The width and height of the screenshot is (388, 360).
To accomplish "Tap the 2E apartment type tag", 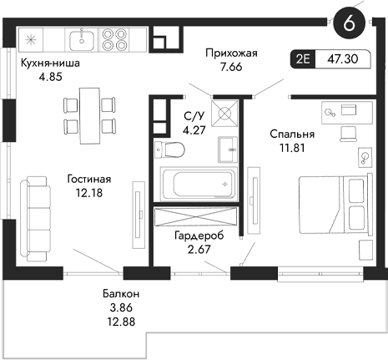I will click(x=303, y=59).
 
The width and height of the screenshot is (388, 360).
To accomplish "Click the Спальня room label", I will click(x=291, y=133).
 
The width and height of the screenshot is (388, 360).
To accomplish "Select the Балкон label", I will click(x=121, y=294).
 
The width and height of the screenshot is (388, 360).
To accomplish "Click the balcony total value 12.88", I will click(x=121, y=322).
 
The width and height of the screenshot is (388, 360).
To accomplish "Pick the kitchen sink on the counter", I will click(x=83, y=38).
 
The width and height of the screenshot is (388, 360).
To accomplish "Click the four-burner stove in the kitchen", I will click(x=114, y=38).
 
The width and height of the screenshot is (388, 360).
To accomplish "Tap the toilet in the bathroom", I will click(x=170, y=150).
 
